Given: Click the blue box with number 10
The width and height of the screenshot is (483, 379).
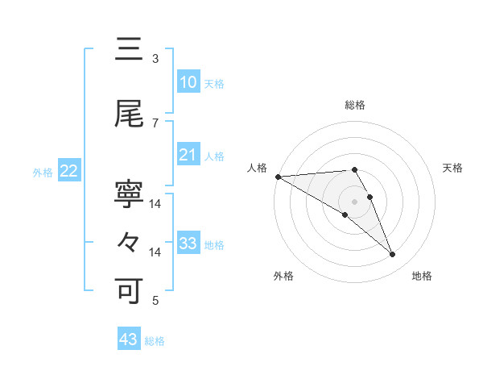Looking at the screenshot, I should (x=188, y=82).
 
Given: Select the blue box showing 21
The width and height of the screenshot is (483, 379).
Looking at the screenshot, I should (x=188, y=155).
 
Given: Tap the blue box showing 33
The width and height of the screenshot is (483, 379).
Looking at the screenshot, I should (x=188, y=244).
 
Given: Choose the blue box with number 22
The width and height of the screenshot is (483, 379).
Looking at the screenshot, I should (x=69, y=171).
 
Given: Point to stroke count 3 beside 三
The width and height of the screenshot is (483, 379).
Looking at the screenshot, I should (x=155, y=59).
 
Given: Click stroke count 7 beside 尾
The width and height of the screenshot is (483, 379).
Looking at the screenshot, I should (x=155, y=123).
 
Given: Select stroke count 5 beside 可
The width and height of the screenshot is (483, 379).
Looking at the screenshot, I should (x=155, y=301).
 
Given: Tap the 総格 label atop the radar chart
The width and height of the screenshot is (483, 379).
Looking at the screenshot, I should (x=355, y=105).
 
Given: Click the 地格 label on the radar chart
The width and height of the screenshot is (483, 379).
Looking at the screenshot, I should (x=422, y=276).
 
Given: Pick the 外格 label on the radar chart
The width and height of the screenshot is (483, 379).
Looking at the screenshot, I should (x=283, y=276).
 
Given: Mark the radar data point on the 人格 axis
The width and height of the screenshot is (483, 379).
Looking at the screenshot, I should (x=278, y=176).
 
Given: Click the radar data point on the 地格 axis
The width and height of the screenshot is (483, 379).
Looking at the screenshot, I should (x=392, y=255).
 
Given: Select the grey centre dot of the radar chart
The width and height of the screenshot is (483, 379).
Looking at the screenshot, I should (x=354, y=201).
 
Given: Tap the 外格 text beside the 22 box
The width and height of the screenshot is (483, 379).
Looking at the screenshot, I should (x=43, y=172).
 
